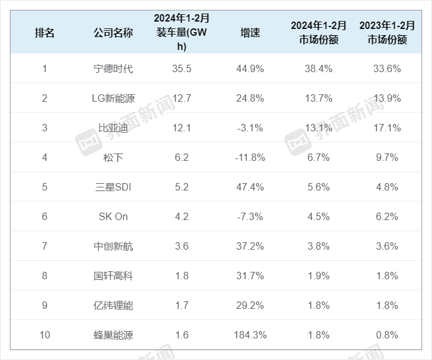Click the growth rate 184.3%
pos(251,335)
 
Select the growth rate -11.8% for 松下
pos(251,157)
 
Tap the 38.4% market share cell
pos(319,68)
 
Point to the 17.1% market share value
pos(388,128)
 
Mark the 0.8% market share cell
pos(388,335)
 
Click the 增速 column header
pos(251,33)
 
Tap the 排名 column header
pos(44,33)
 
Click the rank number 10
pos(44,335)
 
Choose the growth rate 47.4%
pos(251,187)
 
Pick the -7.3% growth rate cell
pos(251,216)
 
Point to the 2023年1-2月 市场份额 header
pos(388,33)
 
